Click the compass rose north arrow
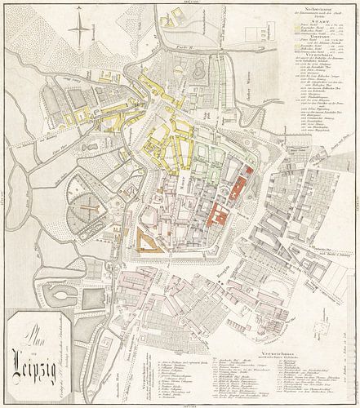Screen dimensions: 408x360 pos(78,33)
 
